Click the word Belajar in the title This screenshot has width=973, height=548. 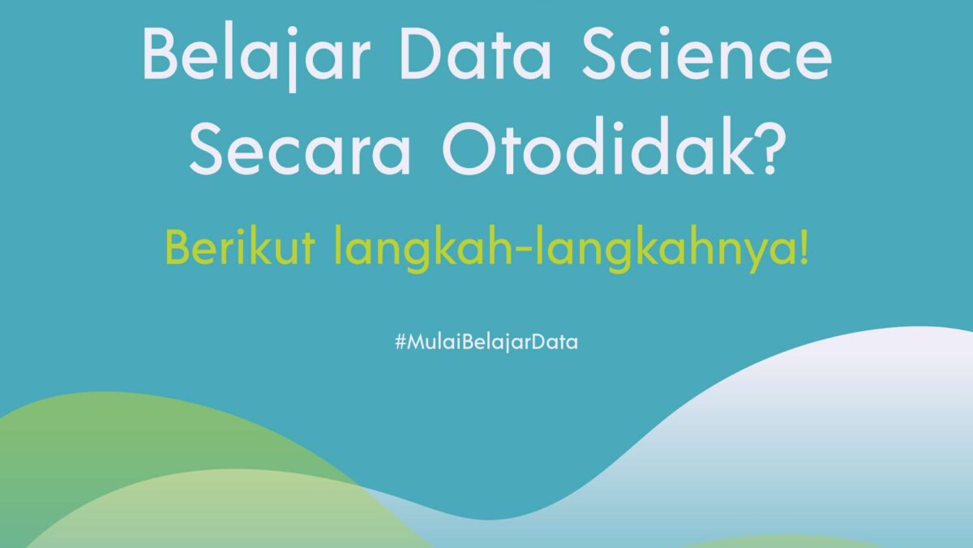click(256, 57)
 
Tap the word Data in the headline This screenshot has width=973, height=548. click(476, 53)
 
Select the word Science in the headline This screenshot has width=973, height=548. click(707, 52)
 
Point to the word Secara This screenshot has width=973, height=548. click(301, 149)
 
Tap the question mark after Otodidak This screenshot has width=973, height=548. click(770, 145)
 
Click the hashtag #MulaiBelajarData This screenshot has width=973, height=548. click(486, 343)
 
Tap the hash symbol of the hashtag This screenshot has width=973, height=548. click(400, 342)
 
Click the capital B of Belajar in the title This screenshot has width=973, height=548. click(160, 53)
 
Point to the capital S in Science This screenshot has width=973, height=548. click(600, 53)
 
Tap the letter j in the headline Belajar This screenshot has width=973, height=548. click(292, 60)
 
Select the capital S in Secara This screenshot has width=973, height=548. click(207, 149)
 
